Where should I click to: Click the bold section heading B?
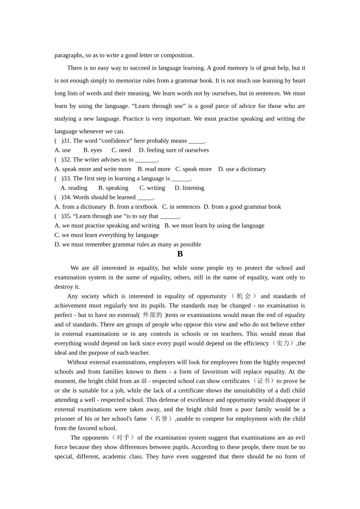tap(180, 254)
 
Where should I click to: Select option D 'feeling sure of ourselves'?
tap(174, 150)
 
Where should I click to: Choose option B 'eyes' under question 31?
tap(92, 150)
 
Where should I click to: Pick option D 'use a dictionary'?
tap(242, 169)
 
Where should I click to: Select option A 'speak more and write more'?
tap(93, 169)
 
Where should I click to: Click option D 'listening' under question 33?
tap(189, 188)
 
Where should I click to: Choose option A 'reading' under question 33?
tap(74, 188)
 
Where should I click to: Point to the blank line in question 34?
tap(145, 198)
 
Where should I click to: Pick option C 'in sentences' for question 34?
tap(181, 207)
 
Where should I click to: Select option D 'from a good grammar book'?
tap(242, 207)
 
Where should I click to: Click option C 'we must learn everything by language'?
tap(106, 235)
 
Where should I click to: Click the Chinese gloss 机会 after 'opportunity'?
tap(244, 296)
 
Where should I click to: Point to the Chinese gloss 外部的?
tap(152, 315)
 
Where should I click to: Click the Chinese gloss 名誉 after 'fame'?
tap(161, 419)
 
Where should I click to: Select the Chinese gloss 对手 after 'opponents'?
tap(123, 438)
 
